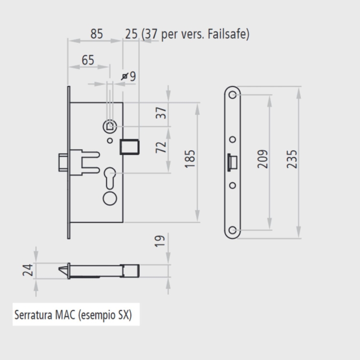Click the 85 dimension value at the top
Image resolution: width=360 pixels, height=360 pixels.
(x=96, y=34)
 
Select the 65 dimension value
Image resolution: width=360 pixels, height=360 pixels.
(x=88, y=60)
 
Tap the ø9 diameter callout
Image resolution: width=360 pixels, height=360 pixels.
(x=128, y=76)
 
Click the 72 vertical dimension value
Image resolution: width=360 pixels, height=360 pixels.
(x=163, y=147)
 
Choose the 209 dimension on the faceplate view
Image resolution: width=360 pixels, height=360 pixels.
(x=263, y=159)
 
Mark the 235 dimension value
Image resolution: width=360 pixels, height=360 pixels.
(x=292, y=159)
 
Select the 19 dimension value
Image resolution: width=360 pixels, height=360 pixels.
(x=163, y=242)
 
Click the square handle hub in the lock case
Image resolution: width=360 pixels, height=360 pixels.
(x=110, y=126)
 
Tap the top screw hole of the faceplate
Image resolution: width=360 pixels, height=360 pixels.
(x=233, y=94)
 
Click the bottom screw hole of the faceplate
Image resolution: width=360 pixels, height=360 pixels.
(x=233, y=230)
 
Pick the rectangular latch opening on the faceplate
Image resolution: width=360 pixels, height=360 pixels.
(x=233, y=162)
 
